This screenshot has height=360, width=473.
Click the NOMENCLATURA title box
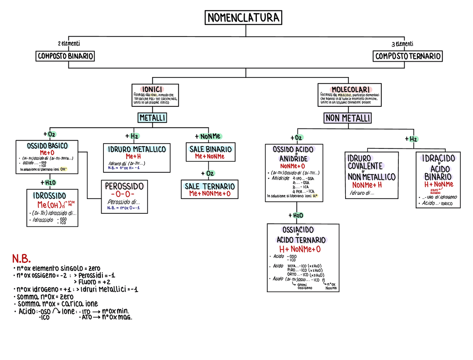(244, 18)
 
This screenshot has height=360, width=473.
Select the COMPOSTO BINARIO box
(65, 56)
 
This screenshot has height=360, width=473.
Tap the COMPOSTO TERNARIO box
(408, 56)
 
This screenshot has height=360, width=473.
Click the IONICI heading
(152, 89)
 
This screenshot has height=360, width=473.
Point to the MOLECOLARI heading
(350, 90)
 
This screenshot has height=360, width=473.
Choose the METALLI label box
(152, 118)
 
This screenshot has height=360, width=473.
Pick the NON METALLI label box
(348, 118)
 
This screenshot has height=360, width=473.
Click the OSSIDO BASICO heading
(47, 146)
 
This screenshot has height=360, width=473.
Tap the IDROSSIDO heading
(50, 196)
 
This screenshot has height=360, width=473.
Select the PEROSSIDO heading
(124, 186)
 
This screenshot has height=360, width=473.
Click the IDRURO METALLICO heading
(137, 149)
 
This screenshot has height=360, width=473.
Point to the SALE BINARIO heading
(211, 149)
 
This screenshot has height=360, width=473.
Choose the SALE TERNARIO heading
(210, 186)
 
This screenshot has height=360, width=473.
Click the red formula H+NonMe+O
(300, 249)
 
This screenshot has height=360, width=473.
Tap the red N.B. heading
(21, 258)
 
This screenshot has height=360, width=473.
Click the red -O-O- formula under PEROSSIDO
(123, 194)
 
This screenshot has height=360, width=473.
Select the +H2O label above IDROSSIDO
(48, 182)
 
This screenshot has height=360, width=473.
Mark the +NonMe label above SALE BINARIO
(208, 137)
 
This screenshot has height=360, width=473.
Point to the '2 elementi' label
(69, 44)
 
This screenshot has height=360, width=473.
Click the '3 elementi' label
(402, 44)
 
